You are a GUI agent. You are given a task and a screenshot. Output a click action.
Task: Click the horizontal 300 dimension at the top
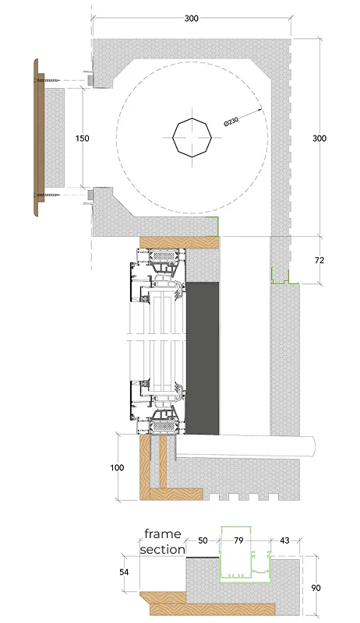click(x=192, y=18)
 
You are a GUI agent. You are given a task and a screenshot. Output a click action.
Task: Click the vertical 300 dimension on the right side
click(x=319, y=139)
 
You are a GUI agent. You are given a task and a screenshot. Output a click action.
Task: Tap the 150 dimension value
click(x=83, y=139)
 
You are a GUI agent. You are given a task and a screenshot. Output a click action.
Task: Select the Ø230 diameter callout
click(x=231, y=121)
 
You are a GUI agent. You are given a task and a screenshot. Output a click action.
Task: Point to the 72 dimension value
click(x=319, y=260)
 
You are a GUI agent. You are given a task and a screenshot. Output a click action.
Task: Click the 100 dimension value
click(x=117, y=468)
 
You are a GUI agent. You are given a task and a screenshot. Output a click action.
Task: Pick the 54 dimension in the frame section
click(x=124, y=572)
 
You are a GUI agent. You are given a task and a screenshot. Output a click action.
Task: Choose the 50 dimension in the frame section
click(x=203, y=540)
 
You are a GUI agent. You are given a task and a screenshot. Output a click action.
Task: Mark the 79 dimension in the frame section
click(x=238, y=540)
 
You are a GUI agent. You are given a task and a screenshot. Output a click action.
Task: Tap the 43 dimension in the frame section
click(x=284, y=540)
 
